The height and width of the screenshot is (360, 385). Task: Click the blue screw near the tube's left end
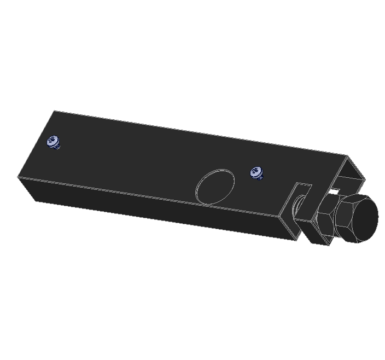click(x=54, y=142)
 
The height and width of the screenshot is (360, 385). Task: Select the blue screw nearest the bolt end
click(x=256, y=173)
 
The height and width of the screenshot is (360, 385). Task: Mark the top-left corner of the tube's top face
click(x=54, y=111)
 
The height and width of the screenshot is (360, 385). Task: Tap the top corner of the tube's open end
click(x=348, y=156)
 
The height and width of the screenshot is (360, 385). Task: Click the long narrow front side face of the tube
click(x=153, y=211)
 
